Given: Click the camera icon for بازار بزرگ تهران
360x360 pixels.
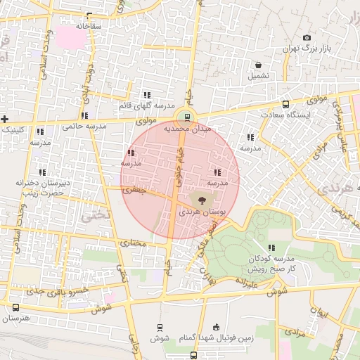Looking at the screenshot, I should pos(306,38).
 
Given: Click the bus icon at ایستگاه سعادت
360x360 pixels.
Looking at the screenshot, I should pos(285,104).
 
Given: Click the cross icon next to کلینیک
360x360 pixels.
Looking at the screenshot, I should pos(5,119).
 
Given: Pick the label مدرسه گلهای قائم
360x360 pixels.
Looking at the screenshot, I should pos(146,105).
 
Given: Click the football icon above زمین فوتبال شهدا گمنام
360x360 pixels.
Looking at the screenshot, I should pos(215,326).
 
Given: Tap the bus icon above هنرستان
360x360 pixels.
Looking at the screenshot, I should pos(16,307).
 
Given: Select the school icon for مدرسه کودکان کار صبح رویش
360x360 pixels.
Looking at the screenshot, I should pos(271,247).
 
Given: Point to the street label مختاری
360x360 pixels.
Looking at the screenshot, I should pos(132,243).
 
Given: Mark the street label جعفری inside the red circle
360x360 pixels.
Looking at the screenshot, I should pos(132,190).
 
